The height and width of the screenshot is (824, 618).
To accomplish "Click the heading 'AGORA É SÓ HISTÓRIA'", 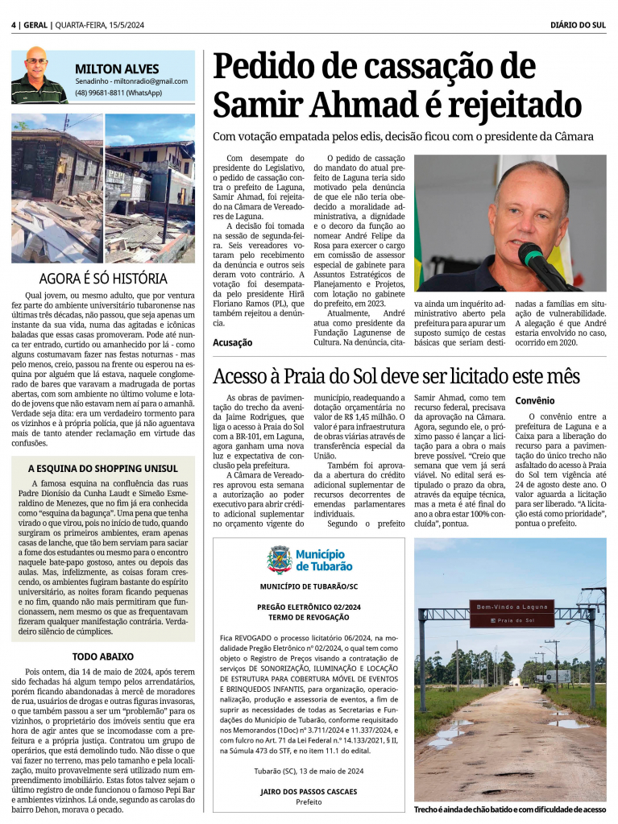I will [103, 279].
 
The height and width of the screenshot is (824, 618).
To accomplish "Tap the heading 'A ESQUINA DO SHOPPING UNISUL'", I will [102, 468].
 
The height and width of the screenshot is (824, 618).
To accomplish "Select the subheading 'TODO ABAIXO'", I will [102, 656].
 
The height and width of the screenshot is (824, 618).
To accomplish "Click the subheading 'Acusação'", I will [232, 342].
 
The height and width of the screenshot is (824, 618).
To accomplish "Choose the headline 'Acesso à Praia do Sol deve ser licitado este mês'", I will [396, 375].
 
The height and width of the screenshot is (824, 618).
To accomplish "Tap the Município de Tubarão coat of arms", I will [279, 558].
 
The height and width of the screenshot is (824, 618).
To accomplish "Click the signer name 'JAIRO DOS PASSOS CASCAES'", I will [308, 792].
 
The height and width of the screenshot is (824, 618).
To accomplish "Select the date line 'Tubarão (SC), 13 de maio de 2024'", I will [308, 771].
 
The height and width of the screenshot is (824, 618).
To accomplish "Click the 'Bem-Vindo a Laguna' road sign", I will [512, 614].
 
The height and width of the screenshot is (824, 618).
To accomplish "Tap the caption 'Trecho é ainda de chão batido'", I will [510, 810].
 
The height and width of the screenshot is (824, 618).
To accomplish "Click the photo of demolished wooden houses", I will [102, 188].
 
